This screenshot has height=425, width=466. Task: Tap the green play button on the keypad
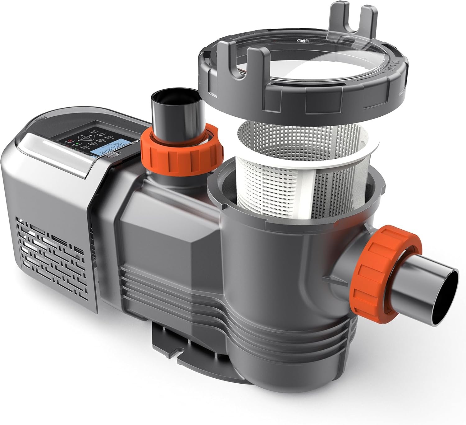click(x=77, y=144)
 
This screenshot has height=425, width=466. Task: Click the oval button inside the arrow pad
click(x=86, y=137)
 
